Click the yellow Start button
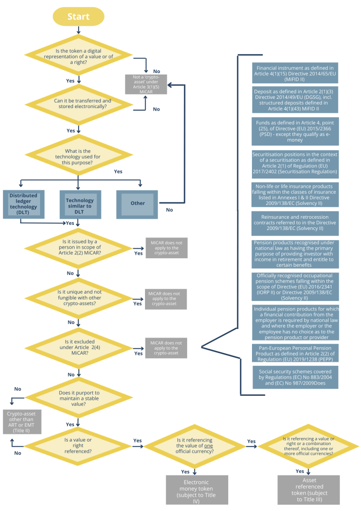tap(79, 17)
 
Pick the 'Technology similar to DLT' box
tap(79, 203)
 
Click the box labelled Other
tap(137, 203)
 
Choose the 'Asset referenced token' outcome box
tap(308, 489)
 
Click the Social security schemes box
tap(295, 378)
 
